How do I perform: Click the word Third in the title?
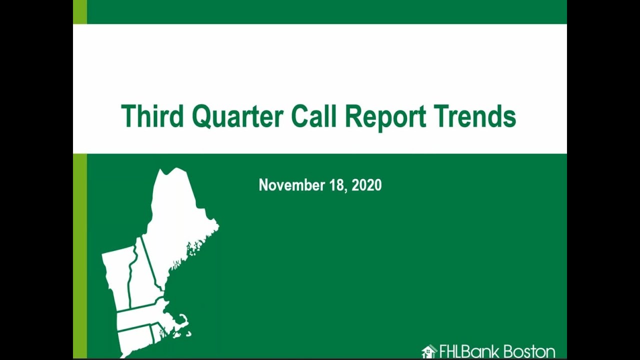point(152,116)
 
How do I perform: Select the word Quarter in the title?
point(237,116)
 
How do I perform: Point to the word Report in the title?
point(385,117)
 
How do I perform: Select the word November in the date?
point(292,185)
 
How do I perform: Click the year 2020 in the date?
point(366,185)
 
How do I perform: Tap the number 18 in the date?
point(337,185)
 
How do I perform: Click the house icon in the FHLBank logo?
point(429,351)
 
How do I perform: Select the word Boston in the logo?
point(528,351)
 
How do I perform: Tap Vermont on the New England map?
point(118,275)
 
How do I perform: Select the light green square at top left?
point(79,11)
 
